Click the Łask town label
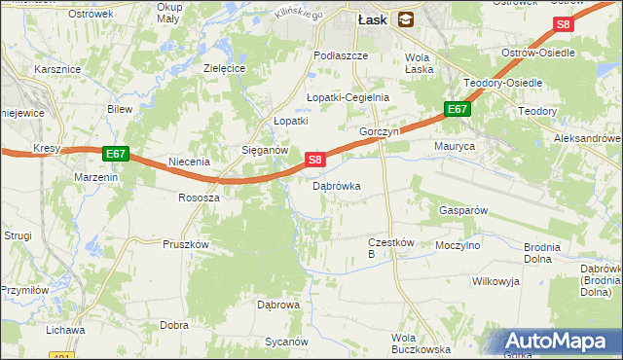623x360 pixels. [374, 18]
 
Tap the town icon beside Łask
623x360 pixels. [405, 18]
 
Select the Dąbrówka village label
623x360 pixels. [337, 185]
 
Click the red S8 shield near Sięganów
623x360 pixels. [313, 159]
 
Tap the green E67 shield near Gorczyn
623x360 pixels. [458, 110]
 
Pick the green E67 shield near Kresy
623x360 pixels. [116, 154]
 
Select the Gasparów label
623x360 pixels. [462, 209]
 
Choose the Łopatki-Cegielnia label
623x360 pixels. [348, 97]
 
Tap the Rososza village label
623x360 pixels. [199, 197]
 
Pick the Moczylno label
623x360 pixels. [458, 246]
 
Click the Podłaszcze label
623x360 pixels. [341, 55]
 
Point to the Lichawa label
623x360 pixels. [65, 330]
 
